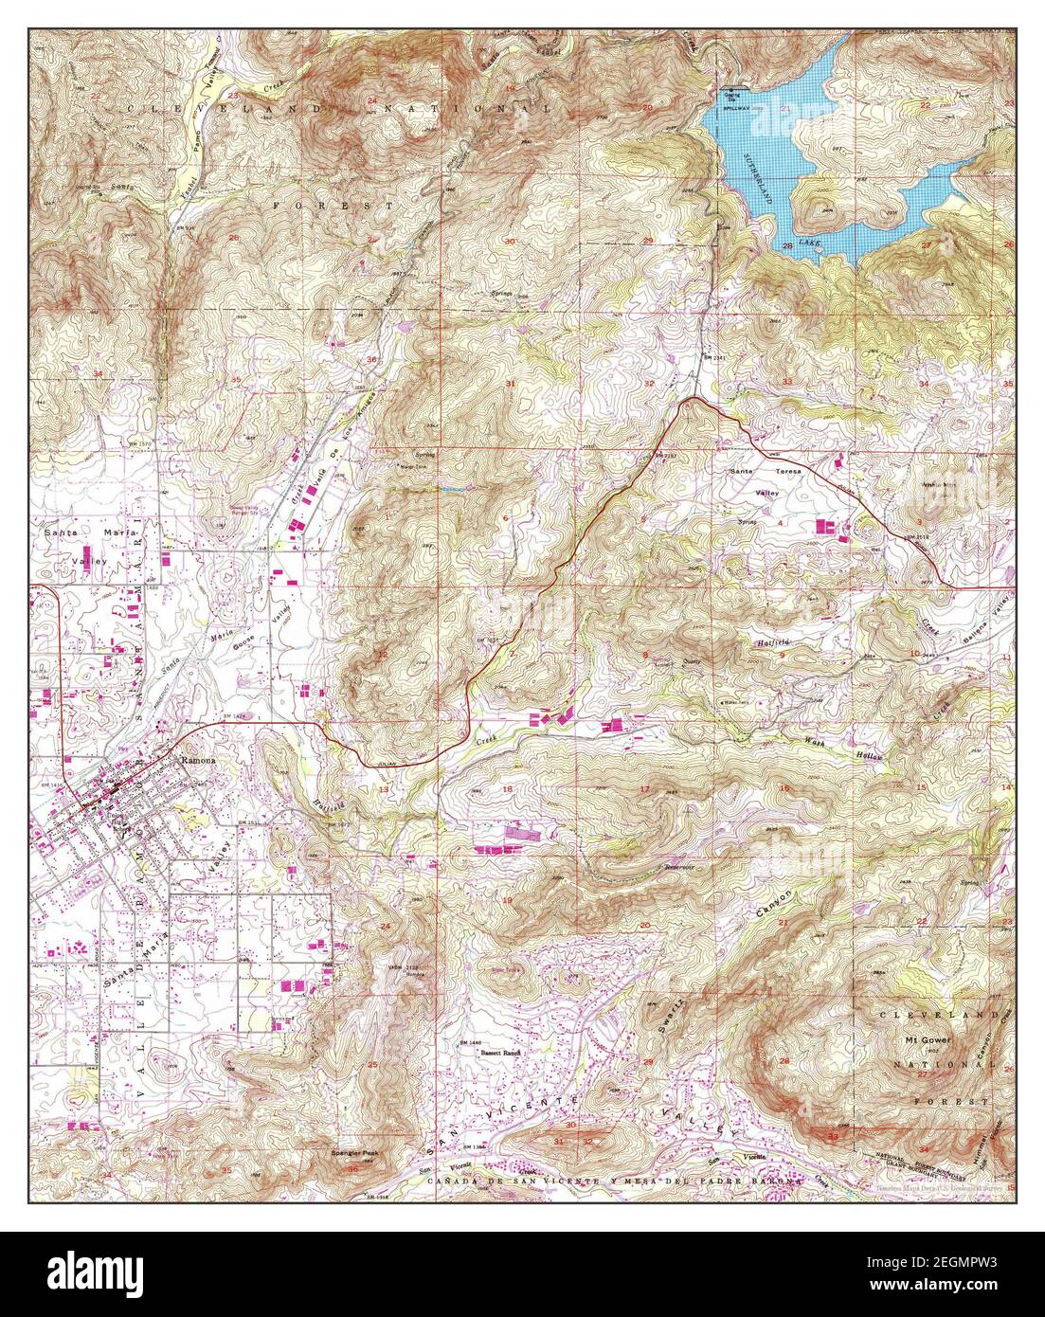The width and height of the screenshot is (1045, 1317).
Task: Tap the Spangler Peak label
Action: pos(354,1153)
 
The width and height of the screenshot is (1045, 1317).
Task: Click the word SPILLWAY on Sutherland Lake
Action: pos(736,110)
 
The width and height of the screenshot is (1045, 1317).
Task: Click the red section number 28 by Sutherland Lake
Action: pos(787,245)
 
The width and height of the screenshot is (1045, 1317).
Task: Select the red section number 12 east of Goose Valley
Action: pos(383,655)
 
